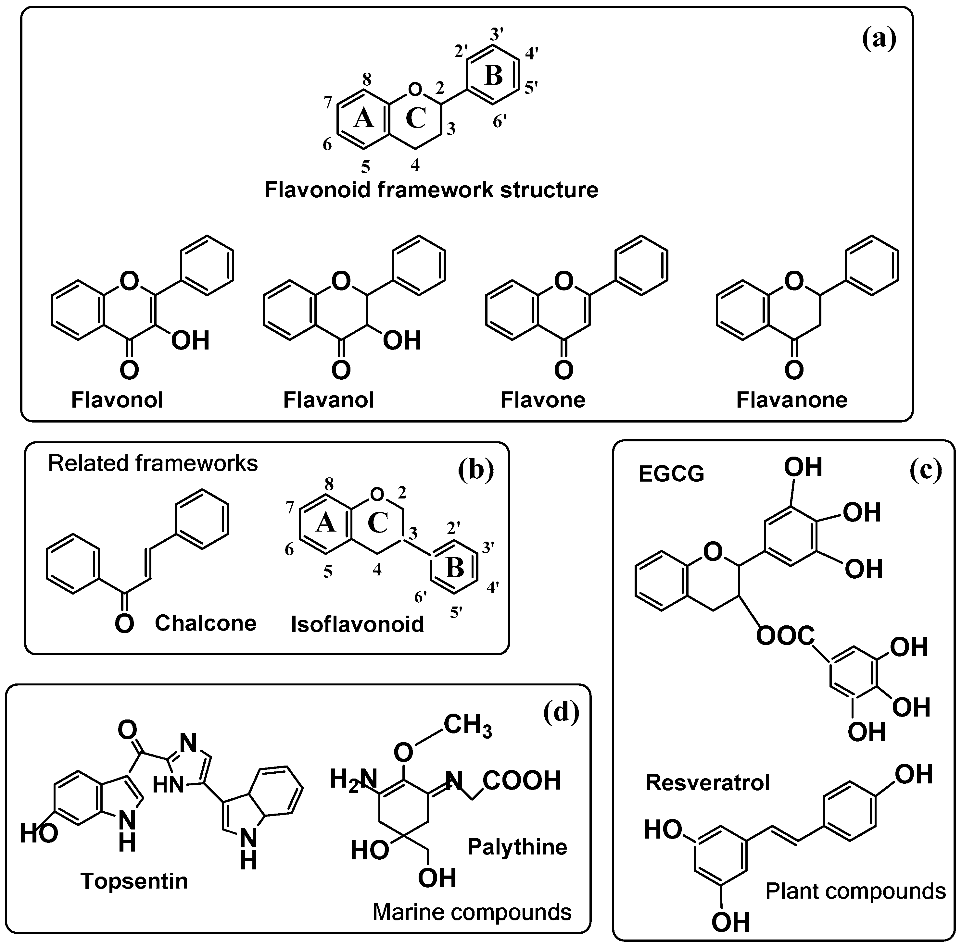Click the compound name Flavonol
click(x=117, y=399)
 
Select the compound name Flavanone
click(x=791, y=399)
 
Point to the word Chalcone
click(x=205, y=623)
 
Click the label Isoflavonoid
click(x=358, y=624)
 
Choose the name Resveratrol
click(x=707, y=782)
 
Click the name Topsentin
click(x=134, y=881)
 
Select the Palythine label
click(x=517, y=847)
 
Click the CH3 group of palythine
click(x=467, y=725)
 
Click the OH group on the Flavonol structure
click(x=190, y=341)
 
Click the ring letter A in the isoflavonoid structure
click(x=326, y=523)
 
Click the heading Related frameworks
click(x=153, y=463)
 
